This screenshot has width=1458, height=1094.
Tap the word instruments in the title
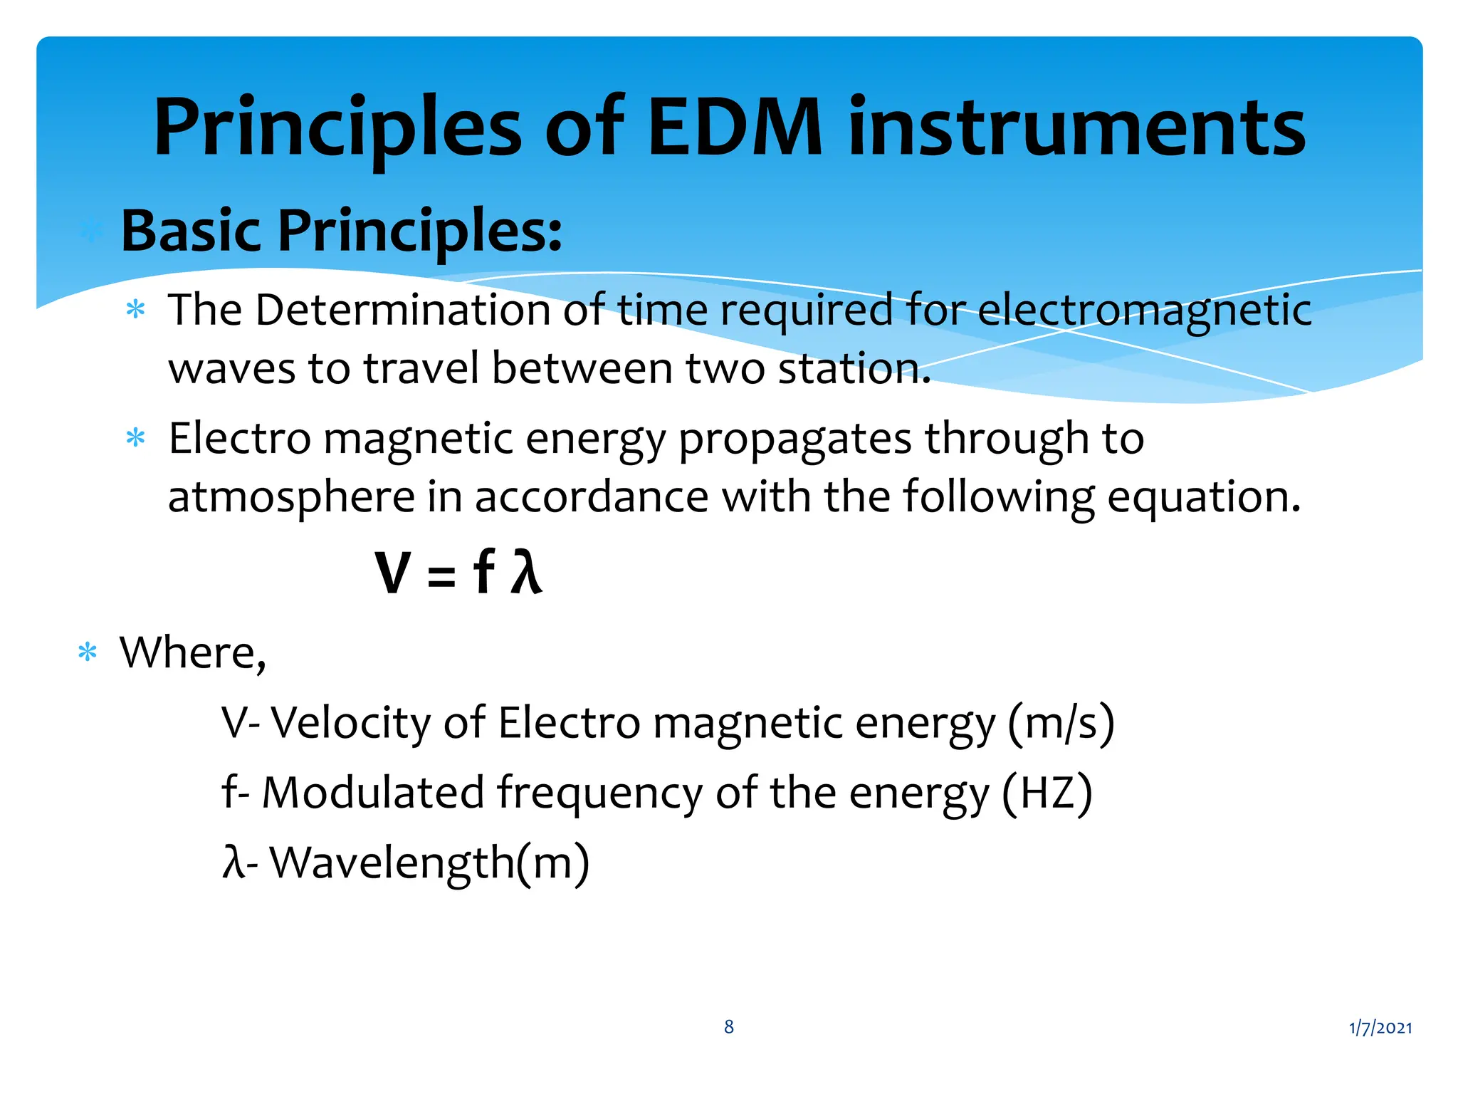click(x=1076, y=128)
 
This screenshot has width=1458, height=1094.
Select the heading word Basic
click(x=191, y=231)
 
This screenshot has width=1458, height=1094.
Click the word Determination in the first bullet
click(x=404, y=311)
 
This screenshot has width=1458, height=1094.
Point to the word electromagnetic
click(x=1143, y=311)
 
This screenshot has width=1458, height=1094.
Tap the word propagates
click(x=794, y=439)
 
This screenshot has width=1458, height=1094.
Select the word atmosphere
click(x=290, y=497)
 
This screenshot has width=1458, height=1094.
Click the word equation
click(x=1203, y=497)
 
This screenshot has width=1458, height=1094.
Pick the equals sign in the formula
click(x=441, y=575)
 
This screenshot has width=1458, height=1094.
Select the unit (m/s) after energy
click(x=1061, y=724)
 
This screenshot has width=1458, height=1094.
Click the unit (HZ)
click(x=1047, y=793)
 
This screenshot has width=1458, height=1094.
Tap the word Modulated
click(x=373, y=793)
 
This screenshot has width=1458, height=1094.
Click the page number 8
click(x=729, y=1027)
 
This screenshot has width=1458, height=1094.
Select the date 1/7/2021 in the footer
click(x=1380, y=1028)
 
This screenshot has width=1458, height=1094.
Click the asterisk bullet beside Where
click(x=88, y=652)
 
